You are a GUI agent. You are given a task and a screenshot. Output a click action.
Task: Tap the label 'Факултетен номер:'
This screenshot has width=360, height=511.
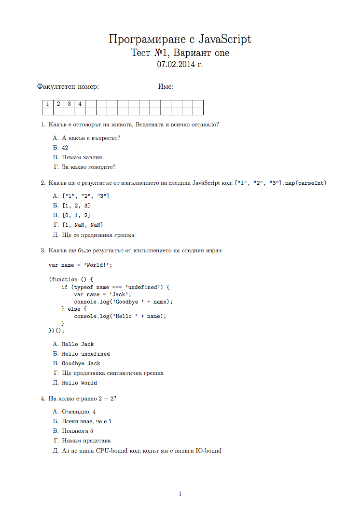[68, 87]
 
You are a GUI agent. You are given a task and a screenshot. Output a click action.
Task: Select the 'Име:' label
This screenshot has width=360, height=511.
[166, 87]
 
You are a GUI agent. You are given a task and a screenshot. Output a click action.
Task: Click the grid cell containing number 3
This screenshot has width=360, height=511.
[69, 104]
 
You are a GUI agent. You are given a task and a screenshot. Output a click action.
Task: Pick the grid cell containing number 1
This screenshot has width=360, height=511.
[47, 104]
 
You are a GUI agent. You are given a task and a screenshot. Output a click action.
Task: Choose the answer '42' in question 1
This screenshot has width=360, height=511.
[65, 148]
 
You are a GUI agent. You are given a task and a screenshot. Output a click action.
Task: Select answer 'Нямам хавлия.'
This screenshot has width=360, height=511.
[83, 157]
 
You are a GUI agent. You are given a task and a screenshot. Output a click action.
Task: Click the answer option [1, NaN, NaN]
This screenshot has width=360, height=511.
[82, 225]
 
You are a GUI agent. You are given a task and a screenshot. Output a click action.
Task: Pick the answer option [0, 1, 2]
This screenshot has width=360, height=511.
[76, 216]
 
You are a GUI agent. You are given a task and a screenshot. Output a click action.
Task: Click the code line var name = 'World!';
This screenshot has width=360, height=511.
[80, 265]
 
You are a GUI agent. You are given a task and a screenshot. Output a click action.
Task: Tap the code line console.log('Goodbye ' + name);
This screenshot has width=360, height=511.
[123, 302]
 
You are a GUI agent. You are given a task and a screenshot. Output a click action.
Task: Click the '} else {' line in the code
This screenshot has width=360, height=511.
[74, 309]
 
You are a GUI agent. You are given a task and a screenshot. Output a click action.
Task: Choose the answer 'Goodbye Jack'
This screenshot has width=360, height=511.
[81, 363]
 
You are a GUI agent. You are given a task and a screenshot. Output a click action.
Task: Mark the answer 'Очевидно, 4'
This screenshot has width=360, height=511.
[79, 412]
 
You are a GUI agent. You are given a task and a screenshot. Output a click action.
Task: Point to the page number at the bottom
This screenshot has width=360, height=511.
[180, 494]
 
